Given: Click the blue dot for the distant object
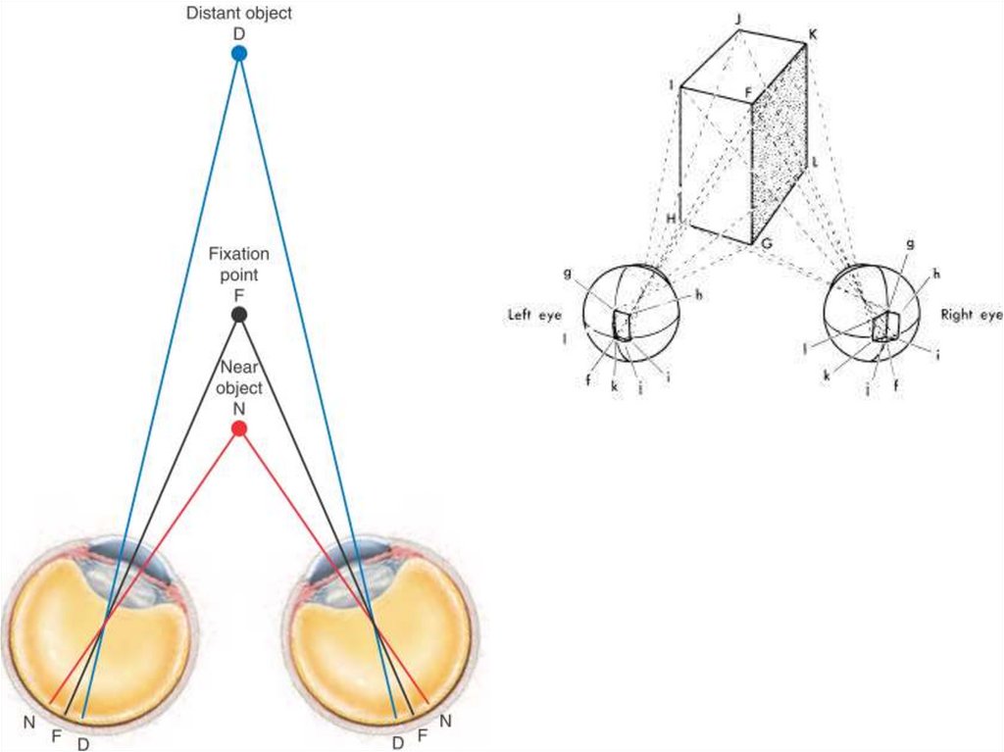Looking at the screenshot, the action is (238, 54).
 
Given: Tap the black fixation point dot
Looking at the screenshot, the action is (238, 315).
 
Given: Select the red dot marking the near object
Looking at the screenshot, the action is (238, 428).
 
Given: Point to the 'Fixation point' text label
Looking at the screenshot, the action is (238, 265).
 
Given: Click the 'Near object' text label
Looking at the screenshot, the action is (238, 377).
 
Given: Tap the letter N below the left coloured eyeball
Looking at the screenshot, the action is (32, 723).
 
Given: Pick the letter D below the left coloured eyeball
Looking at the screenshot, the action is (83, 743).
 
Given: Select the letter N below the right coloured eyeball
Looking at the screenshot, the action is (445, 723).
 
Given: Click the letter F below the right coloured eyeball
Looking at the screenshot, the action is (423, 733).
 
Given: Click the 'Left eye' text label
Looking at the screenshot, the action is (532, 315).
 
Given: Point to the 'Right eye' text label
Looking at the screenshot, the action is (971, 315).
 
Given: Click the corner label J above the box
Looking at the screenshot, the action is (737, 18).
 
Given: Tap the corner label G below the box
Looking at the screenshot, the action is (767, 242).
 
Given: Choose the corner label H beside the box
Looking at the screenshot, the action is (672, 218).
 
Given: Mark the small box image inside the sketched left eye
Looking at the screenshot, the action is (622, 325).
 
